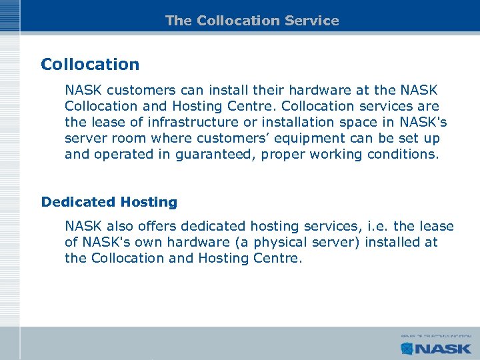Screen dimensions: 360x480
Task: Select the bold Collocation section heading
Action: (90, 65)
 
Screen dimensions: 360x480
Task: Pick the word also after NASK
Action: (120, 226)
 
